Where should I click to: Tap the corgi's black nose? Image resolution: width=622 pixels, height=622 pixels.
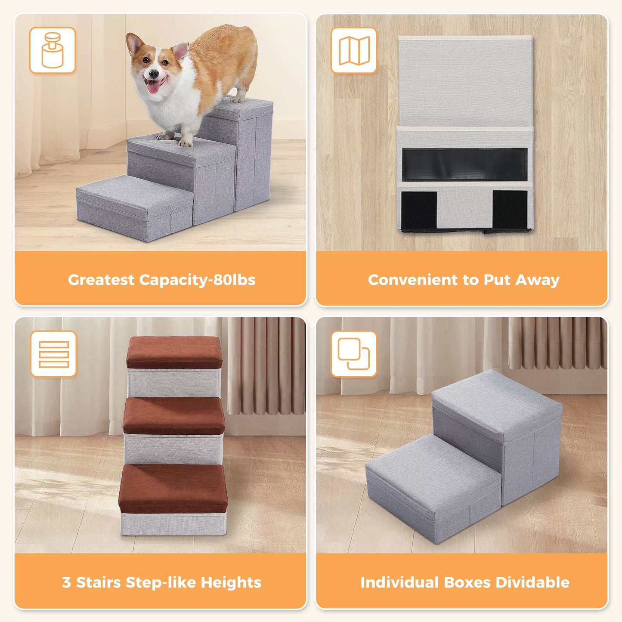[152, 73]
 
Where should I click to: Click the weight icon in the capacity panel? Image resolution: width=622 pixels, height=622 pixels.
[53, 50]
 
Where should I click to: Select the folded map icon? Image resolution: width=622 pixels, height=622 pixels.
[354, 50]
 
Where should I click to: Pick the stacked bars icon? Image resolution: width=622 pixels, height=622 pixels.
[53, 354]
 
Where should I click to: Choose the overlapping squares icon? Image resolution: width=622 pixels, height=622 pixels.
[354, 354]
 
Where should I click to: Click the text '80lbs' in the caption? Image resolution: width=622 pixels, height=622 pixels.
[235, 280]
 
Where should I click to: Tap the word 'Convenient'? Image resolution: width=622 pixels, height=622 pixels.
[413, 280]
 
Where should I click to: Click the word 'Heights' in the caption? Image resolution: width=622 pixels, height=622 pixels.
[231, 582]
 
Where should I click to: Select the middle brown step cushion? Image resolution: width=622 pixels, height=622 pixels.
[174, 414]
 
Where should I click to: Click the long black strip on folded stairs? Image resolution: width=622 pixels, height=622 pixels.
[465, 164]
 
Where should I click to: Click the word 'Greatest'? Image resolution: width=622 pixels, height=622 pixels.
[101, 280]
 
